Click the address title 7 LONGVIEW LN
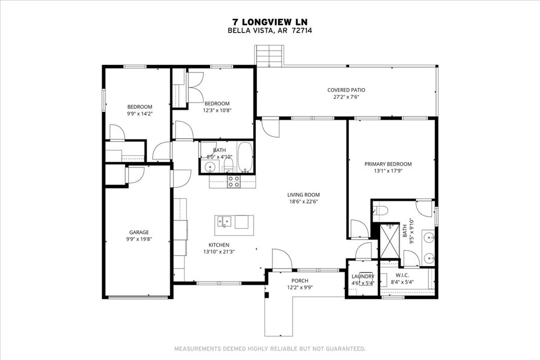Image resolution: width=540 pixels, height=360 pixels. (x=270, y=22)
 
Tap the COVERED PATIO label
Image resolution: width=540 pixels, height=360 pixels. (x=346, y=90)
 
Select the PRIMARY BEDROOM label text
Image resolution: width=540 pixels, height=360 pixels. (x=388, y=164)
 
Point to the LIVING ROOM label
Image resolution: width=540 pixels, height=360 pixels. (x=303, y=195)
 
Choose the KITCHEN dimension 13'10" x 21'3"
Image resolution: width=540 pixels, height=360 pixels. (x=219, y=252)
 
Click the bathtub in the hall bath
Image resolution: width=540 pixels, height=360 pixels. (x=245, y=157)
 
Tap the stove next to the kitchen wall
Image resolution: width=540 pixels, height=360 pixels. (x=234, y=182)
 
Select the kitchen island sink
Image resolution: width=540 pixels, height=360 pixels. (x=224, y=221)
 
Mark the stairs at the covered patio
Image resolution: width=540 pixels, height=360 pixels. (x=269, y=55)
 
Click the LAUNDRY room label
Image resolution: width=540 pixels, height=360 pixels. (x=362, y=276)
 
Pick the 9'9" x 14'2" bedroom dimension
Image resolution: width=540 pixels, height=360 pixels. (x=140, y=113)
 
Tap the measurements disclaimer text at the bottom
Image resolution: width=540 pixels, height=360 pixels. (x=270, y=348)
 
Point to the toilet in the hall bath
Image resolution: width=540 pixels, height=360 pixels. (x=228, y=165)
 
